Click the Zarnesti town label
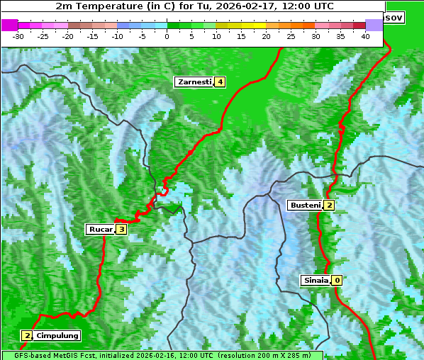click(x=195, y=82)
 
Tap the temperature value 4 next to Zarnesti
click(x=221, y=82)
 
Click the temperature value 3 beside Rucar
click(x=121, y=229)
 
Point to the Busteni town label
click(x=305, y=206)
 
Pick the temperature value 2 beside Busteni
click(x=329, y=206)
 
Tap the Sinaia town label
click(x=316, y=280)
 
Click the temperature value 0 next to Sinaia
click(x=337, y=280)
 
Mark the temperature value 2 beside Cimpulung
click(x=27, y=335)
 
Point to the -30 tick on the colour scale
click(x=18, y=35)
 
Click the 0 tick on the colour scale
click(x=167, y=35)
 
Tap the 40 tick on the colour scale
click(x=365, y=35)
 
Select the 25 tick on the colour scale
click(x=291, y=35)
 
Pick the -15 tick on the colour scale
click(x=93, y=35)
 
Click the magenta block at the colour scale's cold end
click(x=10, y=25)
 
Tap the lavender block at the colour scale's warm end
click(x=374, y=25)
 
